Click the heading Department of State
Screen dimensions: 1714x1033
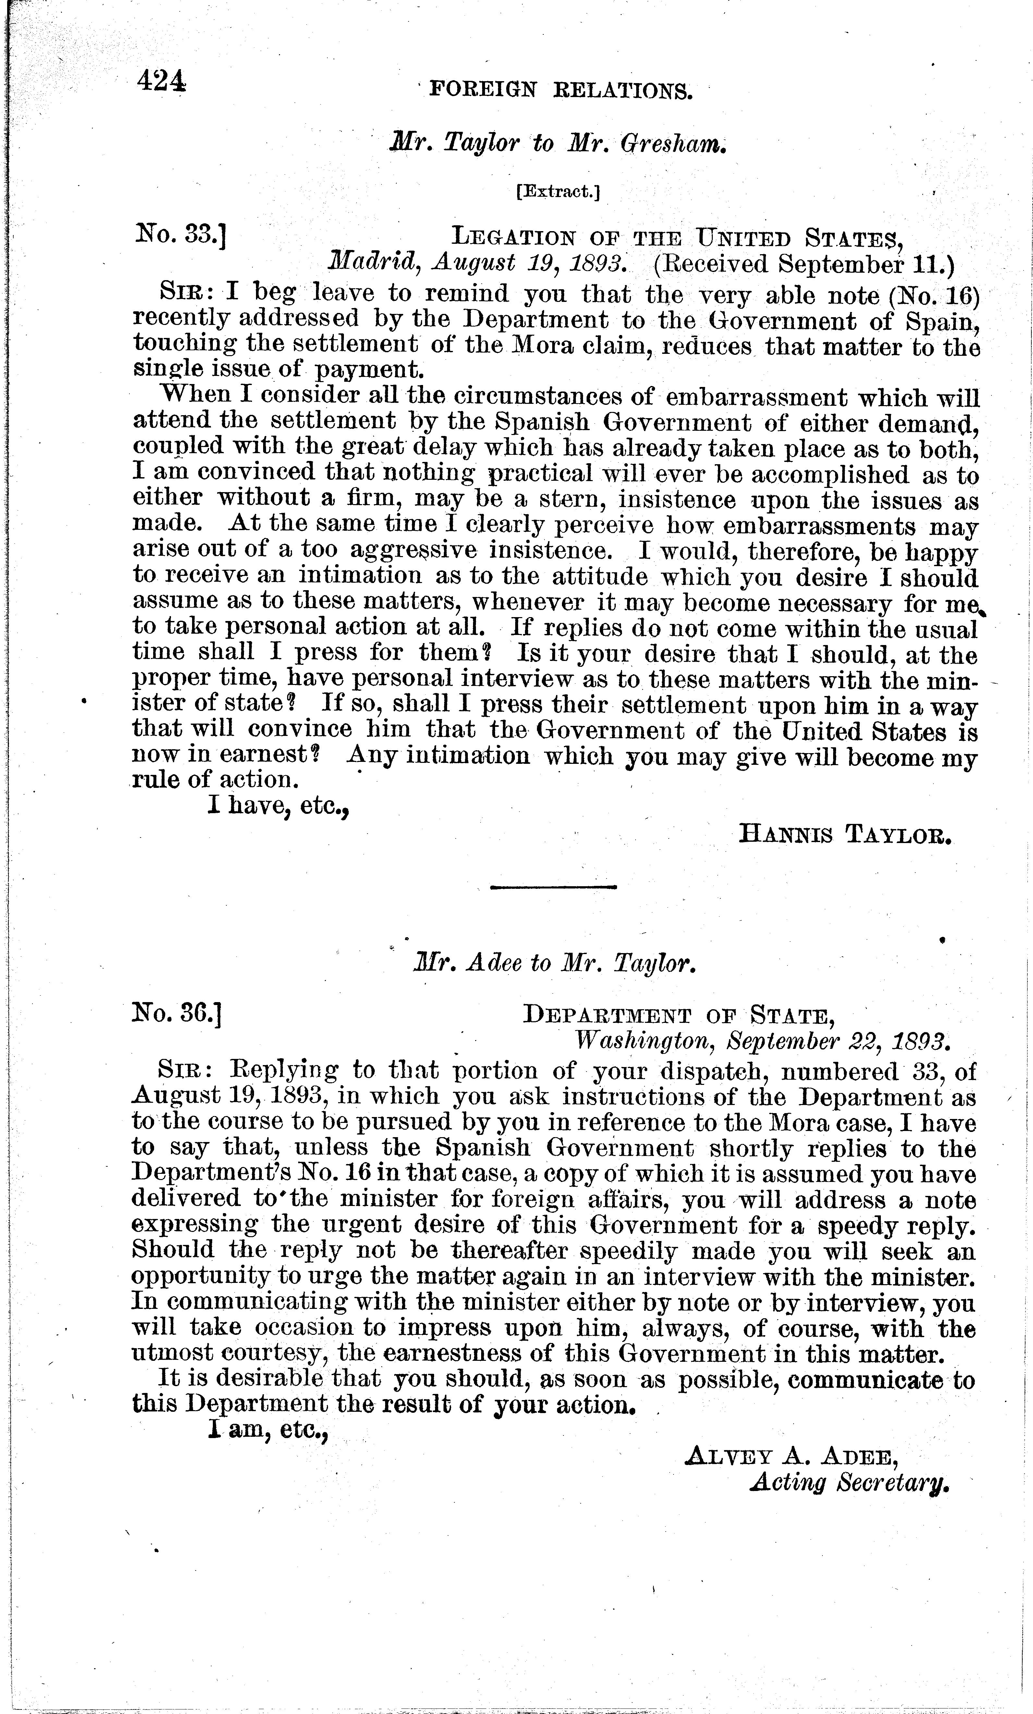click(678, 1017)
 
